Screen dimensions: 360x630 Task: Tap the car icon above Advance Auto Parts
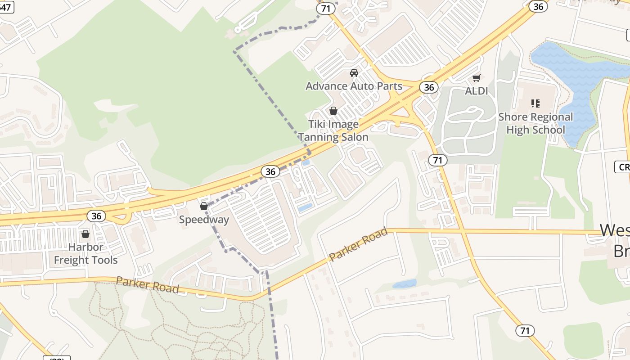pos(354,73)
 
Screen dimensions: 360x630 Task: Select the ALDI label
pos(476,91)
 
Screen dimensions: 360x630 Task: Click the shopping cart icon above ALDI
pos(477,78)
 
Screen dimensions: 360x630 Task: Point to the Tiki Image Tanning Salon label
pos(333,130)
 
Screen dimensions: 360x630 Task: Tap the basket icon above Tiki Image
pos(333,111)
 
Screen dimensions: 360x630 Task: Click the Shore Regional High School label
pos(535,123)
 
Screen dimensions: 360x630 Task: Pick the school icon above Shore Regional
pos(535,104)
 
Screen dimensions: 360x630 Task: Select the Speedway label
pos(204,220)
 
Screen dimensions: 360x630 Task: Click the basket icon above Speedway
pos(204,207)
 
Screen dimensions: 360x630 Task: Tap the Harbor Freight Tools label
pos(85,253)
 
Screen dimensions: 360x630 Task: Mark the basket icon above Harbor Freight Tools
pos(85,234)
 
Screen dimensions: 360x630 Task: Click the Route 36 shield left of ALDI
pos(429,87)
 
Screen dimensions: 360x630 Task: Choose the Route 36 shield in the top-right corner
pos(538,6)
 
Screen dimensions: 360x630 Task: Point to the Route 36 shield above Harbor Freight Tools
pos(96,216)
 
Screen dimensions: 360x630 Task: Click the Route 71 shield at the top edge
pos(326,8)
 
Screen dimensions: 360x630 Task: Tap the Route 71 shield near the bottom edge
pos(525,331)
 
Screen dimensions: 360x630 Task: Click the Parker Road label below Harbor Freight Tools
pos(147,285)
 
